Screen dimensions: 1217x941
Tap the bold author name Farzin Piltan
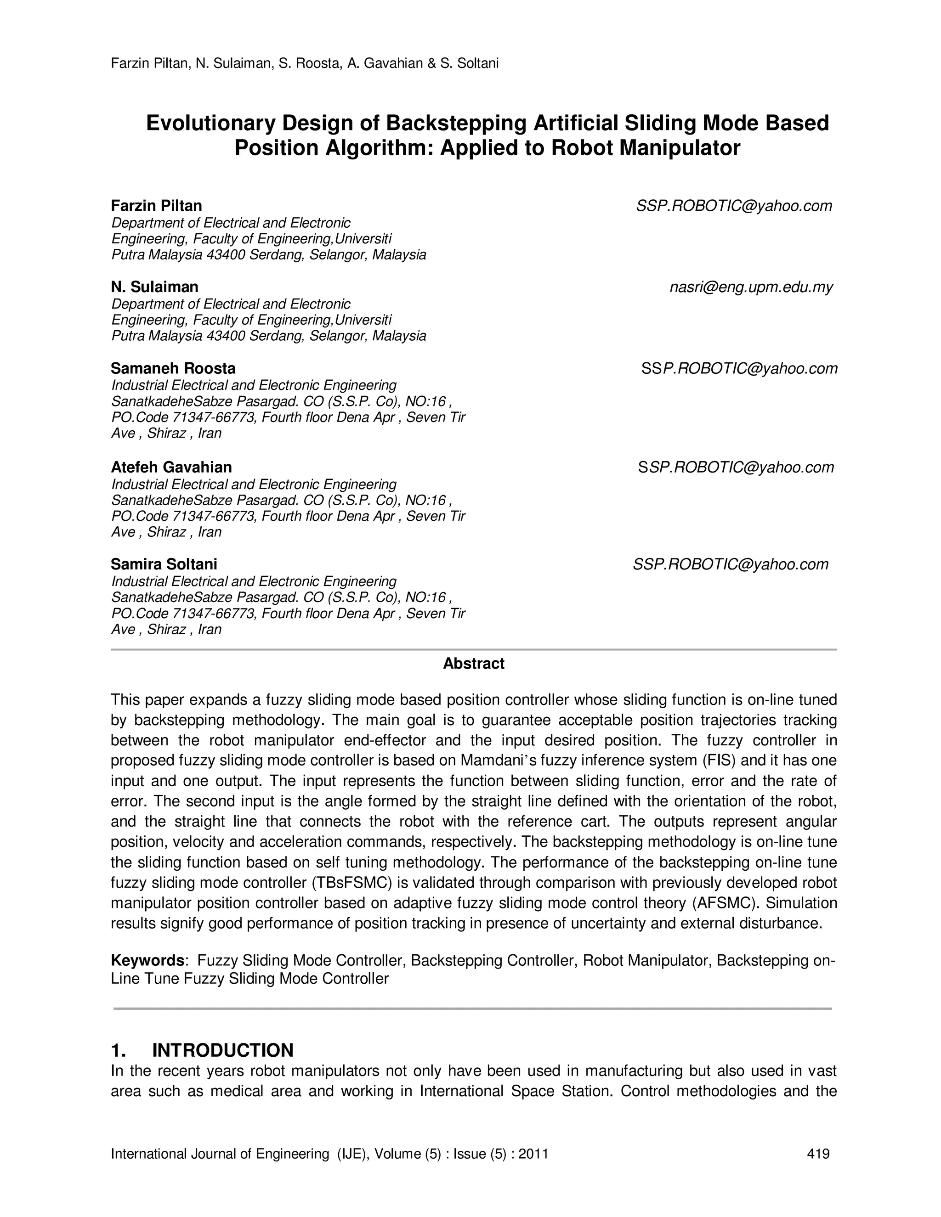[157, 206]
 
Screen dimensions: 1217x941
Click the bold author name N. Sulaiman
[154, 287]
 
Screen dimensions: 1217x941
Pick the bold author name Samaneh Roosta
[173, 368]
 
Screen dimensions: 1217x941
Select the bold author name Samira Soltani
[164, 564]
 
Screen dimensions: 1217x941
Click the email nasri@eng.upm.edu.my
[751, 287]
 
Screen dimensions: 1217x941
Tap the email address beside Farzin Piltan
[734, 206]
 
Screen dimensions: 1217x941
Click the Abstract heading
[473, 664]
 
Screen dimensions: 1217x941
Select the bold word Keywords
[147, 961]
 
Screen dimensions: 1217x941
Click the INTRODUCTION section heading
[222, 1050]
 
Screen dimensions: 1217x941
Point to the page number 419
[818, 1154]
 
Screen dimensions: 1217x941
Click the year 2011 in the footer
[533, 1154]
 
